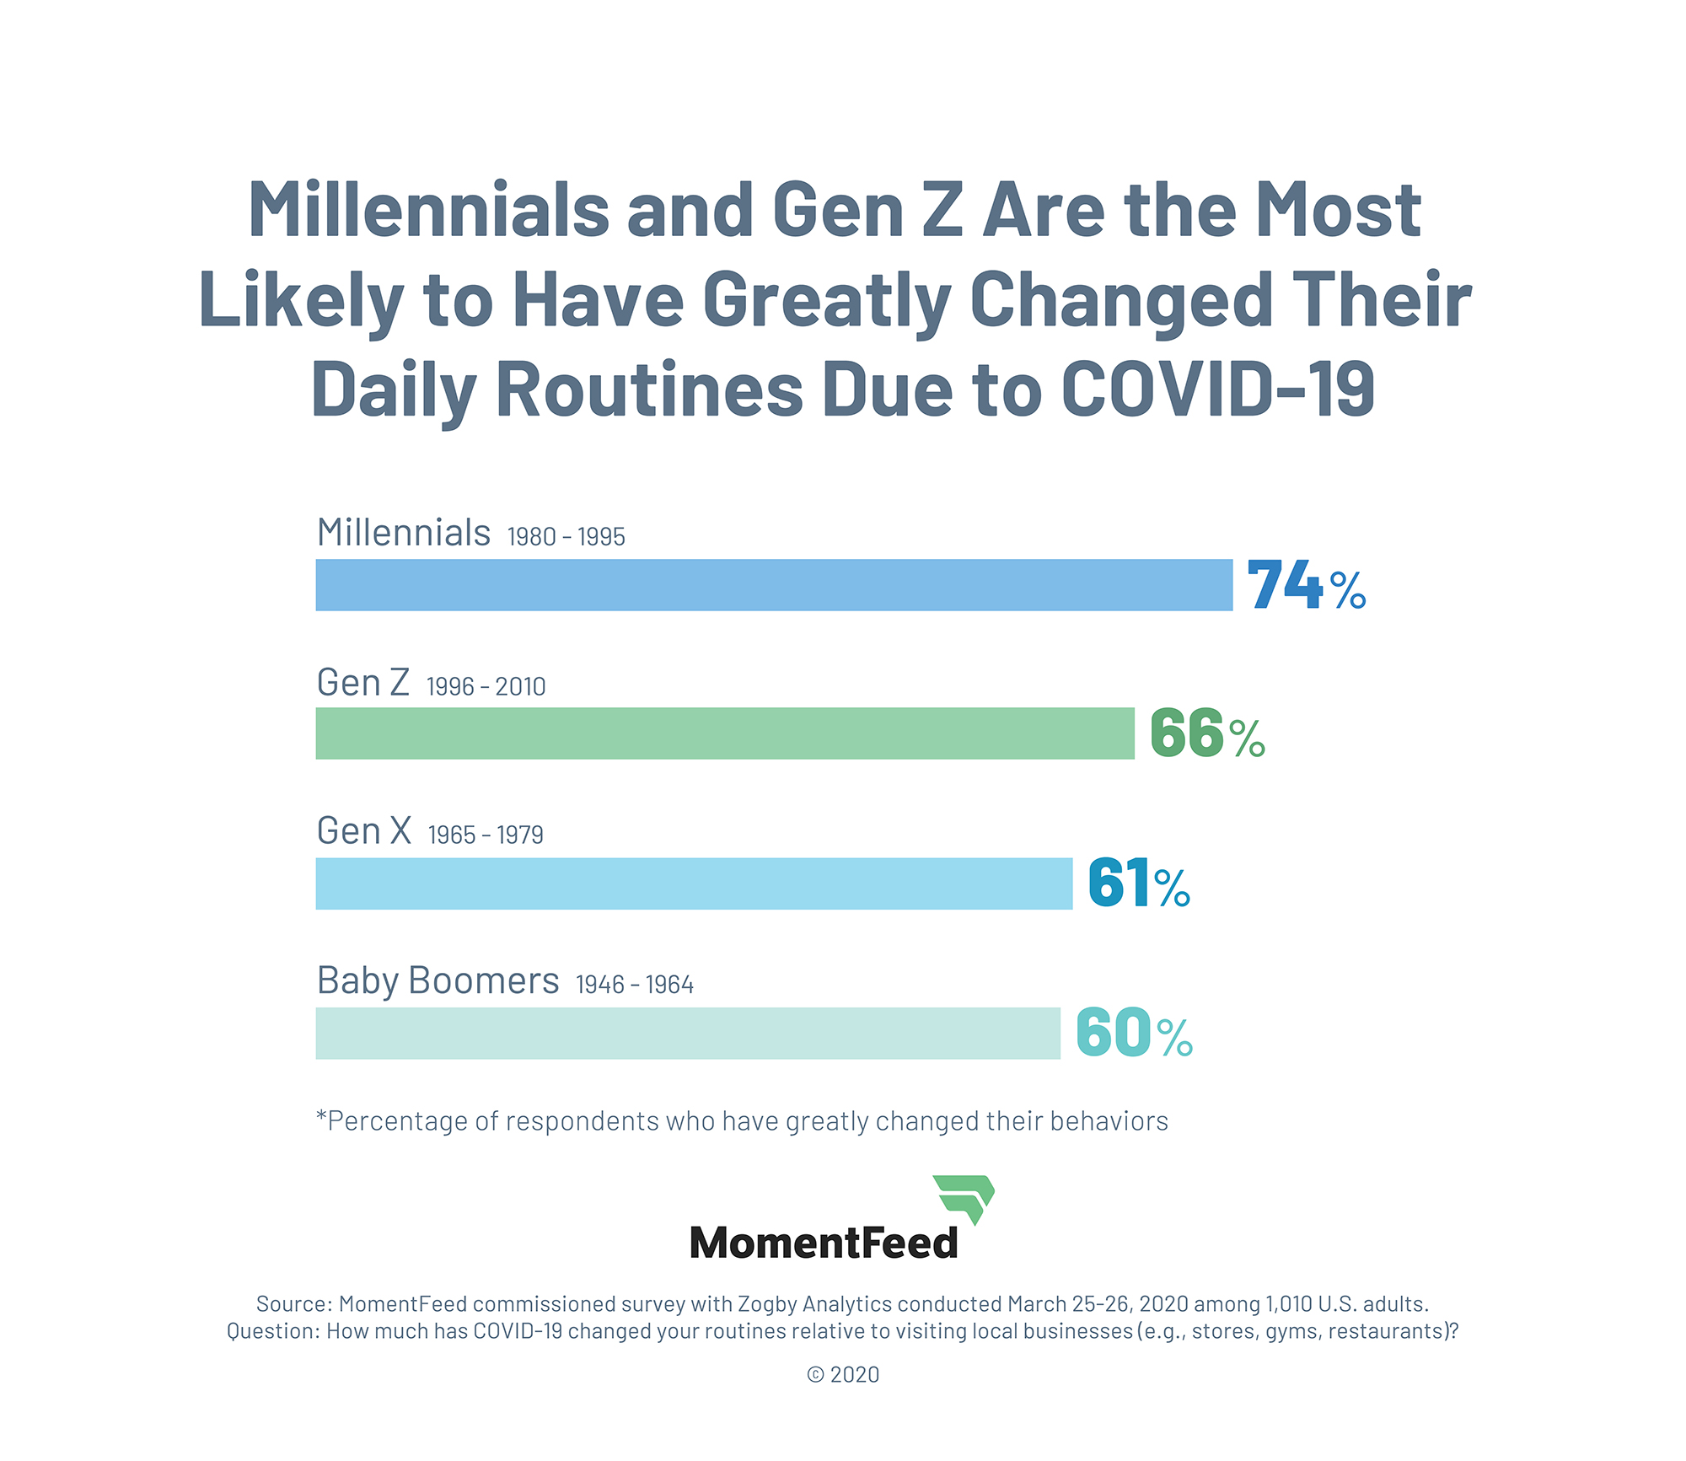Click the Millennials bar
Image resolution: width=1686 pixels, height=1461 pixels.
(x=774, y=584)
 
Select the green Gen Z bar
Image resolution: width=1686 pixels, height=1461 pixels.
(x=725, y=733)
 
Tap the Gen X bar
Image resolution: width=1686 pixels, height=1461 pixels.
(x=694, y=884)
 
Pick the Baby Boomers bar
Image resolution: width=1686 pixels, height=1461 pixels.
(x=688, y=1033)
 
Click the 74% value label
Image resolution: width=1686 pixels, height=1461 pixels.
(x=1306, y=585)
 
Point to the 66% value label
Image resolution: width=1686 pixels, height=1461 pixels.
(x=1207, y=734)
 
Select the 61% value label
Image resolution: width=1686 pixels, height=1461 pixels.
(x=1138, y=884)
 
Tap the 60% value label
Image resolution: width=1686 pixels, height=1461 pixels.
(x=1134, y=1033)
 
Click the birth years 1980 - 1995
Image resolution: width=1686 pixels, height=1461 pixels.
(x=566, y=537)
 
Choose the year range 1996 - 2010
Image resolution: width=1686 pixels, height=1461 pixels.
(x=486, y=687)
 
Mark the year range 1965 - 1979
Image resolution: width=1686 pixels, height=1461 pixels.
(x=486, y=835)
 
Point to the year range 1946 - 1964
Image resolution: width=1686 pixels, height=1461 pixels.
(x=634, y=985)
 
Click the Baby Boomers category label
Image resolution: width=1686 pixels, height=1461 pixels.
(x=438, y=980)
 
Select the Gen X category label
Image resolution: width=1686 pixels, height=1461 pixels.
(x=363, y=831)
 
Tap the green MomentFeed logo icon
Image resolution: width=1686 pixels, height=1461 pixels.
(x=965, y=1198)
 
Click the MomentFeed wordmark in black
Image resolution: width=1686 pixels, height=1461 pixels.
(x=824, y=1243)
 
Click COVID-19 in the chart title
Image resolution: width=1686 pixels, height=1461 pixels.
(x=1216, y=389)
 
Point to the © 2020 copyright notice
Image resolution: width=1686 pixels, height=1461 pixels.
(x=843, y=1375)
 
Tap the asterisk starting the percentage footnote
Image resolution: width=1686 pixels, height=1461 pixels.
(x=321, y=1118)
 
